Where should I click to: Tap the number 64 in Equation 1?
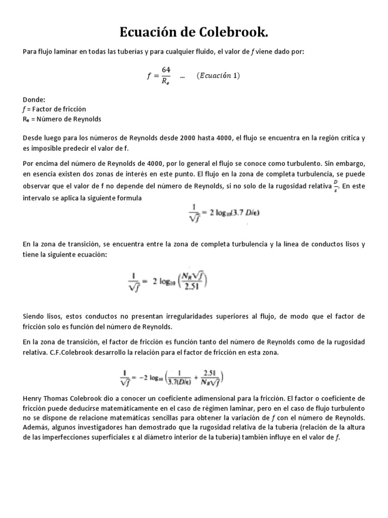point(165,70)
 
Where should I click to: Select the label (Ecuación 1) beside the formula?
point(218,76)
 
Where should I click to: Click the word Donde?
point(34,100)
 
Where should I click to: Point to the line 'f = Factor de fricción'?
point(55,109)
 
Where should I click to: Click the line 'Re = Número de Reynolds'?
point(62,119)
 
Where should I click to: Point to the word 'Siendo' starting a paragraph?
point(34,316)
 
